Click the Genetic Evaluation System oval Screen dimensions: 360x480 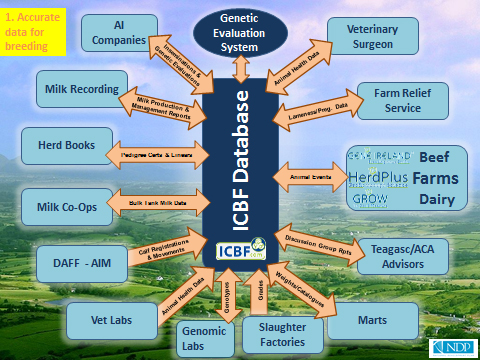coord(241,31)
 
